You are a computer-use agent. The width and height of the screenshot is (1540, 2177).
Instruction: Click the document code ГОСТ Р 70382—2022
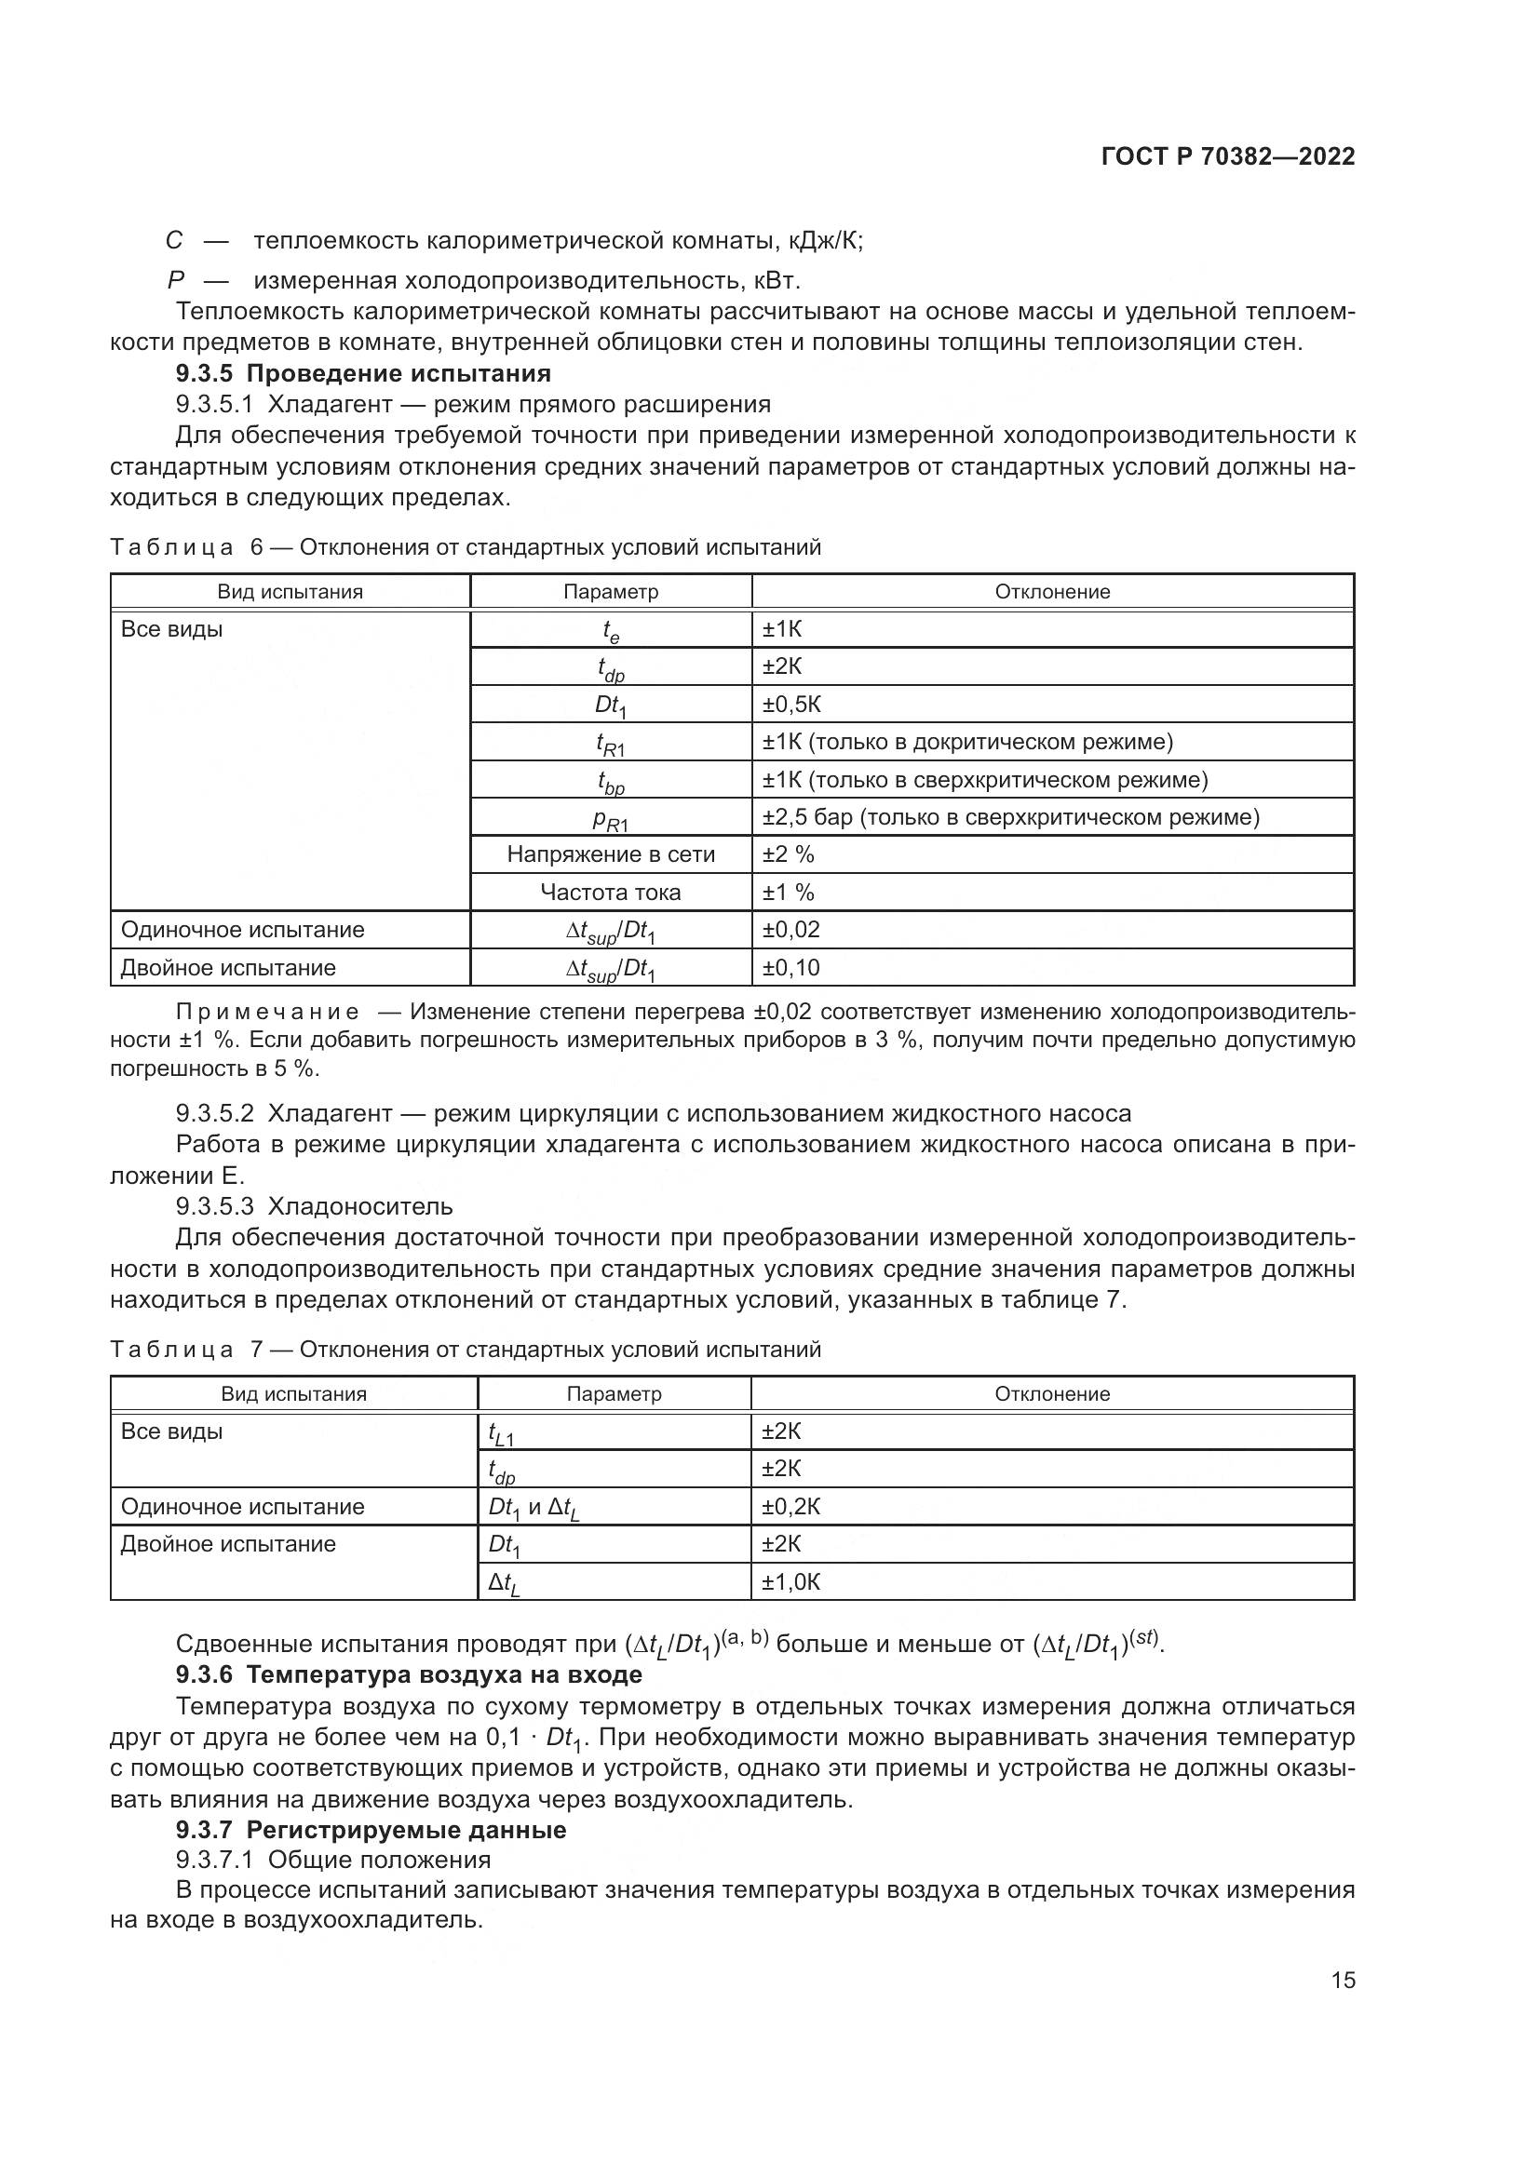coord(1227,156)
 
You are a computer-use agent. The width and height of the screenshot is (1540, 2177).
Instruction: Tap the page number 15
coord(1343,1980)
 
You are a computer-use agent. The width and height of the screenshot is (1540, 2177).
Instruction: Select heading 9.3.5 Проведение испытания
coord(363,372)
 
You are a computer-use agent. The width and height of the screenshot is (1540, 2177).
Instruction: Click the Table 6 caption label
coord(170,547)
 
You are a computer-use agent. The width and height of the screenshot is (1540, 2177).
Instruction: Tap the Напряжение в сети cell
coord(611,854)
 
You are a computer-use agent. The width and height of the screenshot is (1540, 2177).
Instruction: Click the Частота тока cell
coord(611,893)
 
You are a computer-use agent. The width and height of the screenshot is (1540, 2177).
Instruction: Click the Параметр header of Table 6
coord(611,592)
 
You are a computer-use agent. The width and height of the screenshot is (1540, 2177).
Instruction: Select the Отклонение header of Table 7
coord(1051,1394)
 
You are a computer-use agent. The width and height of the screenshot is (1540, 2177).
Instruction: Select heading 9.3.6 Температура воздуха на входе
coord(409,1674)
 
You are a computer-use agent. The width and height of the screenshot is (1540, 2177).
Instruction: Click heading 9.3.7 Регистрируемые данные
coord(371,1830)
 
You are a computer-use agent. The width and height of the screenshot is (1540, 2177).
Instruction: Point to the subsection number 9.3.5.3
coord(214,1206)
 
